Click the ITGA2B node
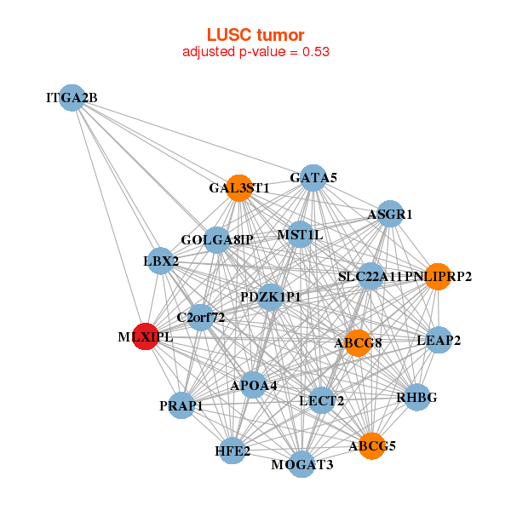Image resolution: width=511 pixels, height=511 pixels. tap(72, 98)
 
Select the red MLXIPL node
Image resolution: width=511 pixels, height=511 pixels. tap(146, 336)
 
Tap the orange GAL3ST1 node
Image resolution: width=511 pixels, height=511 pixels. tap(239, 188)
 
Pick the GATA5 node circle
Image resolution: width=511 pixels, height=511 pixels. tap(313, 177)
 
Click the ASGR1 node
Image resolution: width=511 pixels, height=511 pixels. tap(389, 215)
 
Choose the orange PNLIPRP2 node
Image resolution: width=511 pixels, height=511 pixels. tap(438, 276)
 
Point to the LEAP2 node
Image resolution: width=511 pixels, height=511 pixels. tap(439, 340)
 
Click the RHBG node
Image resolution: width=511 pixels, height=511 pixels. tap(416, 397)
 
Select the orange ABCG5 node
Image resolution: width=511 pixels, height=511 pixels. tap(372, 445)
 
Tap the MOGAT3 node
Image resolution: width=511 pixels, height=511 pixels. tap(302, 464)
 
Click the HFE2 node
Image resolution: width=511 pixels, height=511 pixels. tap(233, 450)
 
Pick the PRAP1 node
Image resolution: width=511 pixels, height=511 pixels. tap(181, 405)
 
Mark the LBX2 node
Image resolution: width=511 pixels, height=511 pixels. tap(161, 261)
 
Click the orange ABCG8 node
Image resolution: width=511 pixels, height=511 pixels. tap(358, 343)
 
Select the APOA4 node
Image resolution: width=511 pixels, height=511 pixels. tap(253, 385)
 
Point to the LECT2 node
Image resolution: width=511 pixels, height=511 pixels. tap(321, 400)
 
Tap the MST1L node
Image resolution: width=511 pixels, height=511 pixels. tap(300, 234)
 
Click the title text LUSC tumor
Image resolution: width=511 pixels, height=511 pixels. tap(255, 35)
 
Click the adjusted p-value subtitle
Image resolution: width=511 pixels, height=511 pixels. tap(255, 52)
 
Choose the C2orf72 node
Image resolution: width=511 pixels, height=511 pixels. tap(200, 318)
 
